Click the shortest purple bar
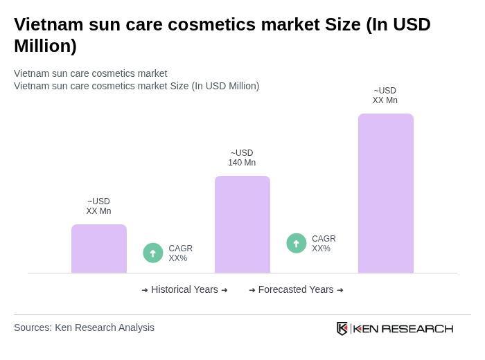click(x=99, y=249)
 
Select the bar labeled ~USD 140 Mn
click(x=242, y=224)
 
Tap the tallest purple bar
click(x=386, y=193)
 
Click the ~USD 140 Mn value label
click(x=242, y=158)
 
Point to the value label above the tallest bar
click(x=385, y=96)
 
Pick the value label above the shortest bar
click(x=98, y=206)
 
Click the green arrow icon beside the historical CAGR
click(x=153, y=253)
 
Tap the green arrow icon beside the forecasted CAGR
click(x=297, y=244)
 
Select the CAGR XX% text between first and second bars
click(x=180, y=253)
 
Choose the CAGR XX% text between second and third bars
click(x=324, y=244)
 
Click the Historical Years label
click(x=184, y=289)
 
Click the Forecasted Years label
click(x=296, y=289)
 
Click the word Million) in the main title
click(x=45, y=46)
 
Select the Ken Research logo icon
click(x=342, y=328)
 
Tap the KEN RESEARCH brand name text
click(x=403, y=328)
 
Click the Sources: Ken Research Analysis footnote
click(x=84, y=327)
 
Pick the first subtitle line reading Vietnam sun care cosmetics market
click(x=90, y=73)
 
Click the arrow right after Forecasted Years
click(x=340, y=290)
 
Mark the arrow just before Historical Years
click(x=145, y=290)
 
